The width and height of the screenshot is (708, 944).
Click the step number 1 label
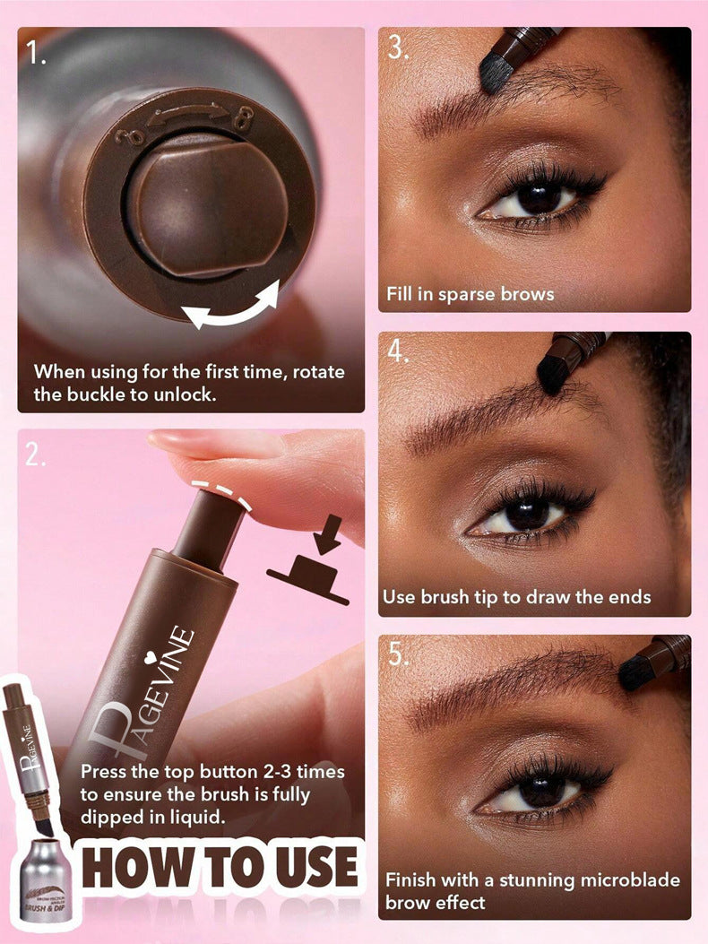38,55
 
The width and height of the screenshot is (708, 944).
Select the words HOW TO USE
220,867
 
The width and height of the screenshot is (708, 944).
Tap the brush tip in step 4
553,374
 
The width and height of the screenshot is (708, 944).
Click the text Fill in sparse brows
470,293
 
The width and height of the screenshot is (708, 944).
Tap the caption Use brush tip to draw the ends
516,596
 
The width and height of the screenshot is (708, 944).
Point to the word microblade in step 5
624,879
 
